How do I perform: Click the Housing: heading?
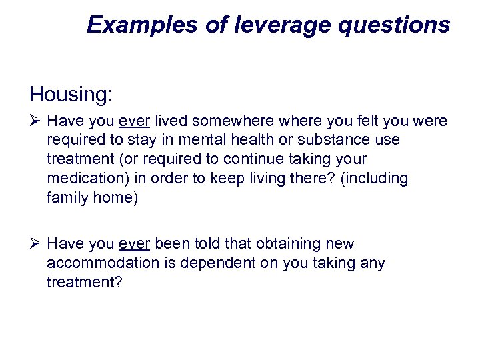(71, 94)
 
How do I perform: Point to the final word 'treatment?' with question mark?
(85, 282)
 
